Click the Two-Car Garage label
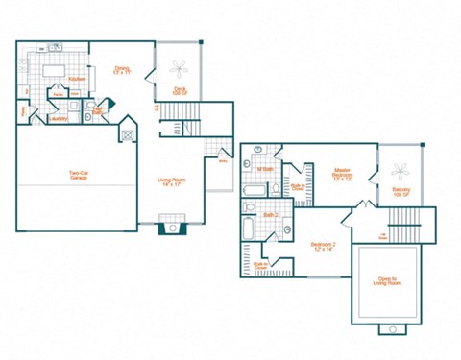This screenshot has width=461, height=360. point(79,176)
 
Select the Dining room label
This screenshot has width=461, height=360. point(122,69)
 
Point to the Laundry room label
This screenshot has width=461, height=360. point(59,118)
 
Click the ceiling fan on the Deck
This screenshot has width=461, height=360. point(180,68)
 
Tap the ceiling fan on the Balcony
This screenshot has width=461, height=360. point(400,171)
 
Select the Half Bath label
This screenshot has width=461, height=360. point(97,111)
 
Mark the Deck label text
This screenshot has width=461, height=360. point(180,90)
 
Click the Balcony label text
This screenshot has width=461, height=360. point(400,191)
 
